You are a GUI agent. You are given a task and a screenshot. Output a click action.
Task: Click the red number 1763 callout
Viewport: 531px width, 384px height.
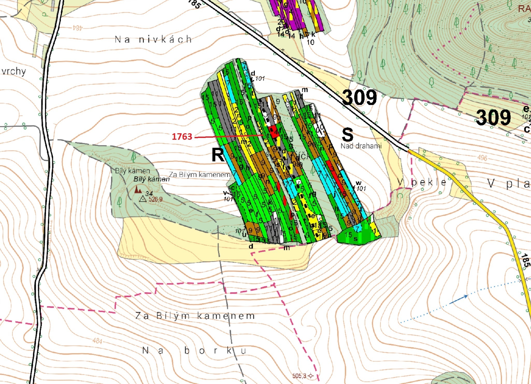click(182, 136)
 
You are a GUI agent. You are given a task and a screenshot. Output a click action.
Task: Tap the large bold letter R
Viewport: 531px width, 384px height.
click(218, 155)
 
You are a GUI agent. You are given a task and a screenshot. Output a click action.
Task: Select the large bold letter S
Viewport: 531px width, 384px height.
click(347, 135)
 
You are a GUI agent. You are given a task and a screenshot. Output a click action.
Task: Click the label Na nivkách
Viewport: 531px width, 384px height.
click(153, 39)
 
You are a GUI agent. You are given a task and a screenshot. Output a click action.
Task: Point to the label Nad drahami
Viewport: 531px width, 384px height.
click(361, 146)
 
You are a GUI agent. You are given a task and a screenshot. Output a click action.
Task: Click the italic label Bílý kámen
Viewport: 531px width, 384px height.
click(152, 179)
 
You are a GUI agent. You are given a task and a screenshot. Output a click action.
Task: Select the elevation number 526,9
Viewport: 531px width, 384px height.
click(155, 199)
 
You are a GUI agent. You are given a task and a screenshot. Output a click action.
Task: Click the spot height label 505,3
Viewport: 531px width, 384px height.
click(299, 376)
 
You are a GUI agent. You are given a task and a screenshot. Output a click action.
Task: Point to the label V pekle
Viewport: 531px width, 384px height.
click(422, 182)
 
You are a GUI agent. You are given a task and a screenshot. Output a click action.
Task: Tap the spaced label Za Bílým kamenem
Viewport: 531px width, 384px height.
click(195, 316)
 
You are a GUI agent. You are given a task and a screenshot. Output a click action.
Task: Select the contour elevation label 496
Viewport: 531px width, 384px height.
click(482, 158)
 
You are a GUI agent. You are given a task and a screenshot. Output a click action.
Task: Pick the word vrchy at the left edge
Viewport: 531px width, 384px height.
click(14, 71)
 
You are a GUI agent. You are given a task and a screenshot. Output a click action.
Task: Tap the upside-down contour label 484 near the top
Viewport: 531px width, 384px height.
click(77, 27)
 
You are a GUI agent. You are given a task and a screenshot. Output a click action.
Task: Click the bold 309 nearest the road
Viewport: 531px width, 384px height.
click(360, 98)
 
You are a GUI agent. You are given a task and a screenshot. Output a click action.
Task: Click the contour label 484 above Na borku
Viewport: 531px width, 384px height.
click(97, 341)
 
